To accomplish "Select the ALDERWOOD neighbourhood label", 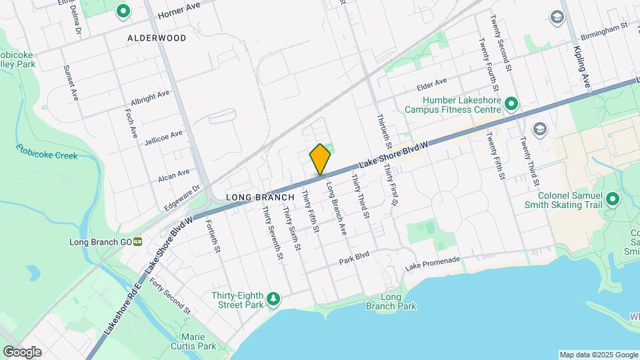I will (x=157, y=38).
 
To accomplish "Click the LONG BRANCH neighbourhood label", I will (x=260, y=197).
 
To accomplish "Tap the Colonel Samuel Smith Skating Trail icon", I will (x=612, y=199).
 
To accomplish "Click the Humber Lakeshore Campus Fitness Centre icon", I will (x=511, y=103).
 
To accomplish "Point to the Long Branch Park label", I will (x=391, y=301).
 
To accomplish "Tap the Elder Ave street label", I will (x=431, y=84).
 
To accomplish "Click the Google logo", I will (x=22, y=351).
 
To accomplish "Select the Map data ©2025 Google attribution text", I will (x=598, y=355).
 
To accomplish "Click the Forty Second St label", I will (x=170, y=298).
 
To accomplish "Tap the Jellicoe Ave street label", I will (x=163, y=137).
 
